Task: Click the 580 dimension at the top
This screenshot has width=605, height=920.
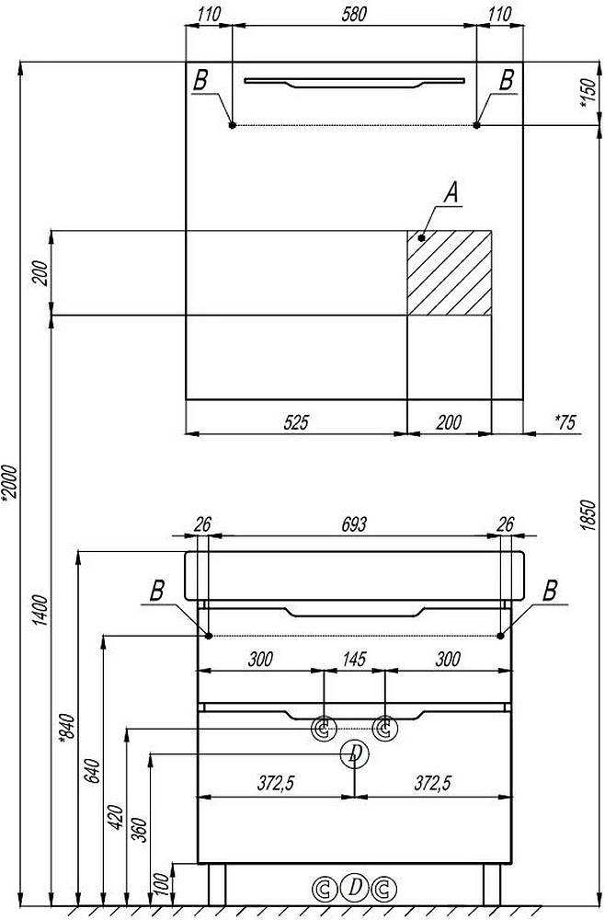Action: pos(354,14)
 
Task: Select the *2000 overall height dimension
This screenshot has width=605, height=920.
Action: pos(10,483)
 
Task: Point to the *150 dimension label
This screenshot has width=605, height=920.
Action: pos(588,93)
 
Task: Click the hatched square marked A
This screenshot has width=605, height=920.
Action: pos(450,273)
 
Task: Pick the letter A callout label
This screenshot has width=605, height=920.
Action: pos(451,192)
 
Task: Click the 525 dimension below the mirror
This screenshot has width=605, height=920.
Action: pos(295,422)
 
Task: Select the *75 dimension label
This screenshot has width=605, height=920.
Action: pos(565,422)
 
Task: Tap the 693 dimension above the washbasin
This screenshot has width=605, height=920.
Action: pos(354,524)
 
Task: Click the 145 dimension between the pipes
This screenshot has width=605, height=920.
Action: pos(354,659)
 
